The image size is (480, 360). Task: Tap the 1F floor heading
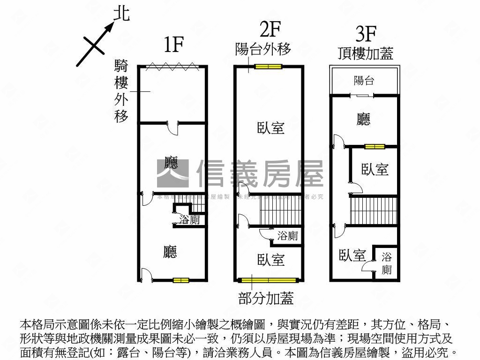[x=173, y=45]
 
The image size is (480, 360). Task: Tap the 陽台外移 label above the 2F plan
[x=263, y=49]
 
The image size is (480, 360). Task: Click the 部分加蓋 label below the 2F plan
[x=266, y=298]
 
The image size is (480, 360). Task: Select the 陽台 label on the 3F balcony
[x=364, y=80]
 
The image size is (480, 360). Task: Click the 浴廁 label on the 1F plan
[x=190, y=220]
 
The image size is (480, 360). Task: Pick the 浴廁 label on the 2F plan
[x=287, y=236]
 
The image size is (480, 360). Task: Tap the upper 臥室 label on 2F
[x=271, y=127]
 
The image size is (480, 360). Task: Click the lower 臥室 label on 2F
[x=271, y=260]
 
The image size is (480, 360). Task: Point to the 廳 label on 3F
[x=363, y=119]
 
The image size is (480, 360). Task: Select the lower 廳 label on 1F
[x=170, y=252]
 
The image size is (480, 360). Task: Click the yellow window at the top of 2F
[x=269, y=67]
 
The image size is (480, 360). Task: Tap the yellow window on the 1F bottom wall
[x=180, y=280]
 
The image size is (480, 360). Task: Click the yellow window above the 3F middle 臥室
[x=375, y=146]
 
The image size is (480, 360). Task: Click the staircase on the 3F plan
[x=374, y=210]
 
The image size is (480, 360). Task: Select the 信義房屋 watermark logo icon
[x=172, y=173]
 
